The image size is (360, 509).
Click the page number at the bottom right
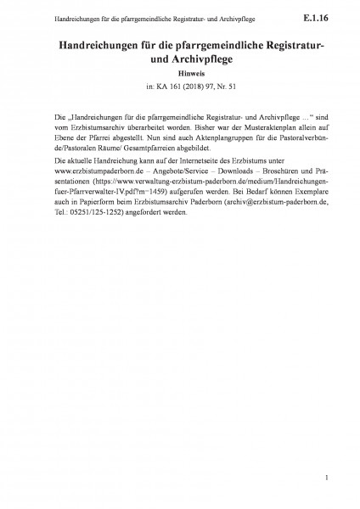326,480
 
